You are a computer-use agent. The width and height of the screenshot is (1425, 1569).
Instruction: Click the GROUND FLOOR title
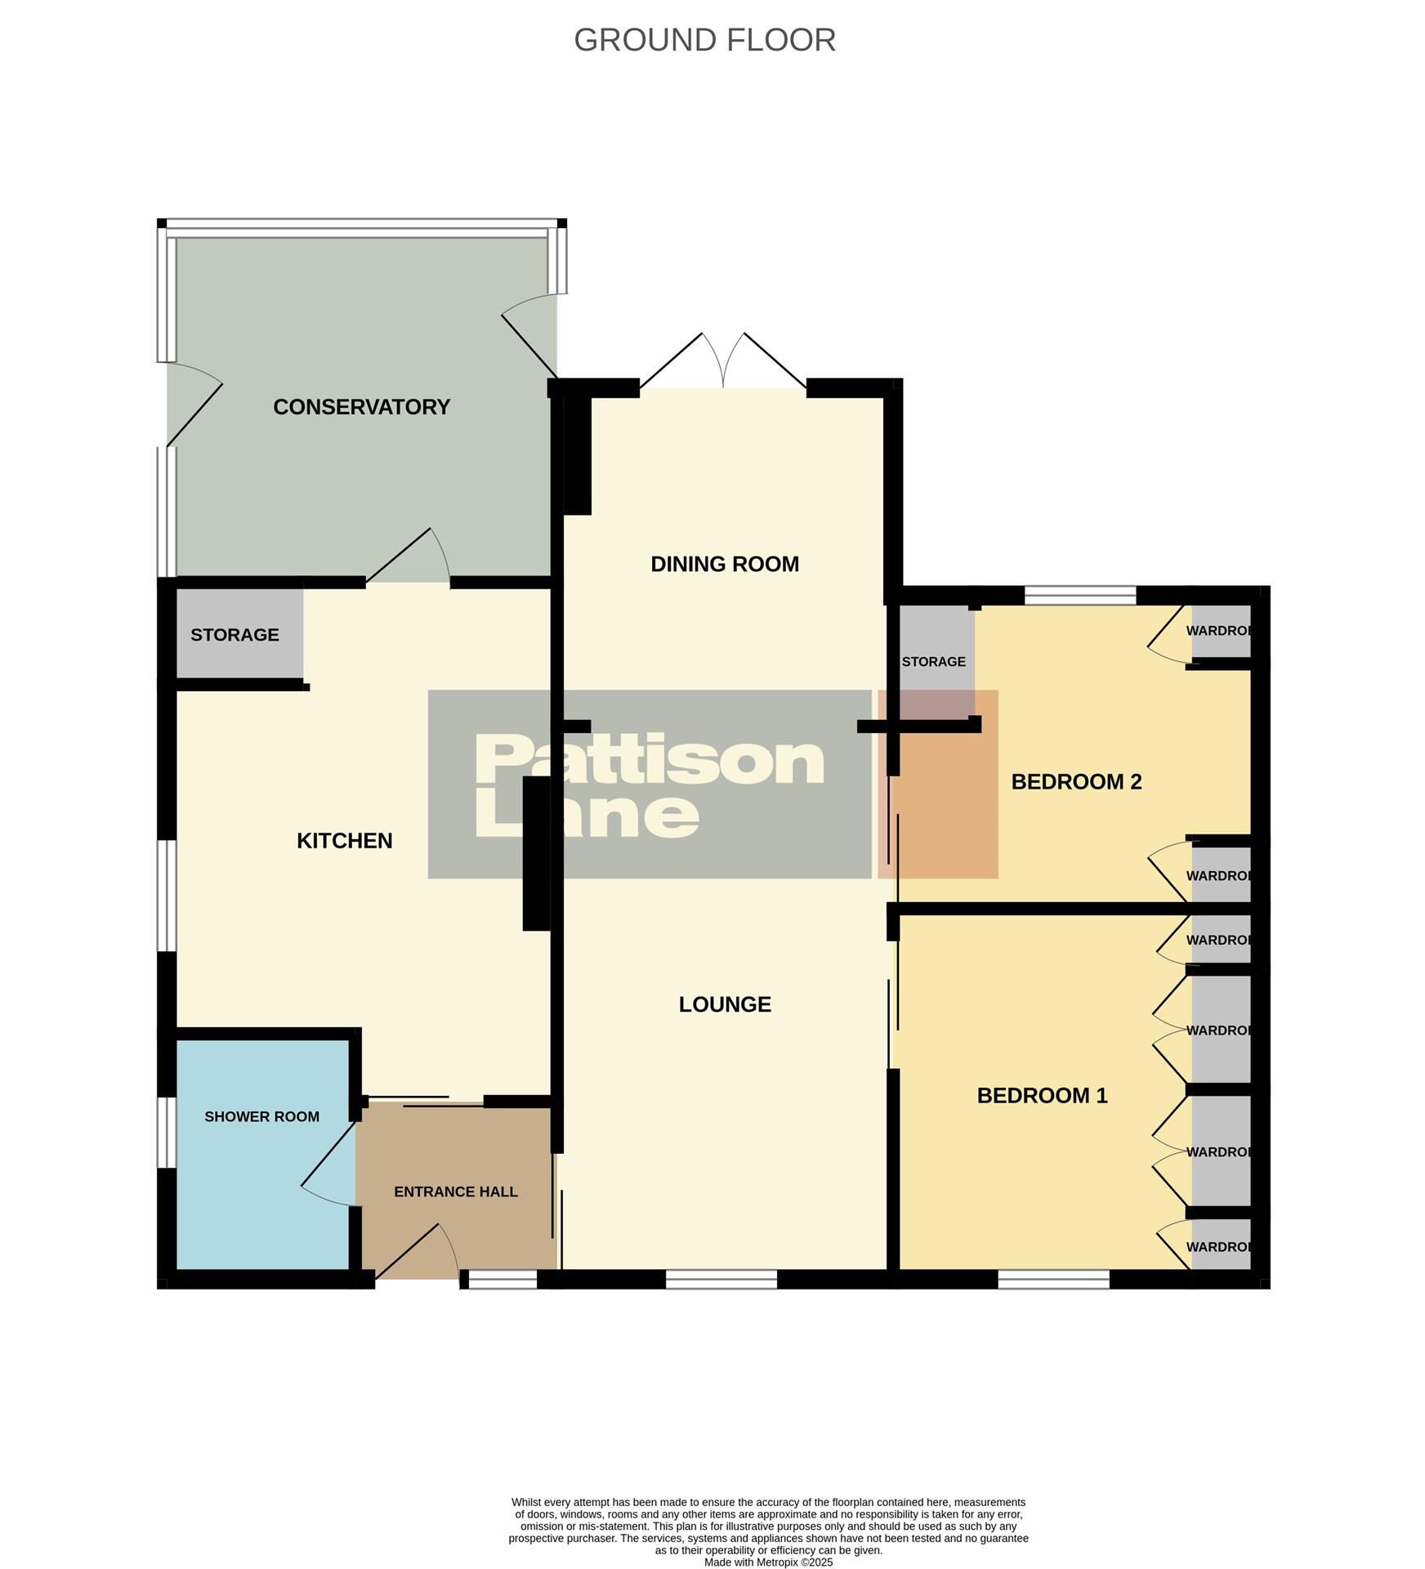[x=704, y=40]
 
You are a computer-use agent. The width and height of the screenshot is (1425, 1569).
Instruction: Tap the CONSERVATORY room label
[x=361, y=407]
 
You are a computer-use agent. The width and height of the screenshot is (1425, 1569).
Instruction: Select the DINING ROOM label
[x=724, y=564]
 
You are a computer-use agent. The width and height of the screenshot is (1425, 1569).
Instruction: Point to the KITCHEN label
[x=344, y=840]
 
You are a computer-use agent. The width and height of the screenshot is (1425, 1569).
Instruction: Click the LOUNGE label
[x=725, y=1004]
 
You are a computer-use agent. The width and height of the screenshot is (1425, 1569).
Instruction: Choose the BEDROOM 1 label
[x=1042, y=1095]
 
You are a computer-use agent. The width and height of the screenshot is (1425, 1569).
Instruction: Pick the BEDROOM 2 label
[x=1076, y=782]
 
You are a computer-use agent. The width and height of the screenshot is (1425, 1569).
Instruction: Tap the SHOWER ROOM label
[x=261, y=1116]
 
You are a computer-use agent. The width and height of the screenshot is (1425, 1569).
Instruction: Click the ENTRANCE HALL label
[x=456, y=1191]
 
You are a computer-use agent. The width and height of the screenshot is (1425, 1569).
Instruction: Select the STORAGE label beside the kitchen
[x=235, y=635]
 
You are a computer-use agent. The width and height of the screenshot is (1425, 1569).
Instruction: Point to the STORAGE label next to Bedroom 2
[x=933, y=661]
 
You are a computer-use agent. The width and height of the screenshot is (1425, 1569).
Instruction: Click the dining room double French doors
[x=723, y=361]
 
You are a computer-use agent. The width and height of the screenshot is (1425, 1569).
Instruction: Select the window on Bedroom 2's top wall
[x=1080, y=595]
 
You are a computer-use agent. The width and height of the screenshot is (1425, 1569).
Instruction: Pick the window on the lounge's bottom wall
[x=721, y=1279]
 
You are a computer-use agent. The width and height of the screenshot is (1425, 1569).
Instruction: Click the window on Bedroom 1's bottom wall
[x=1053, y=1279]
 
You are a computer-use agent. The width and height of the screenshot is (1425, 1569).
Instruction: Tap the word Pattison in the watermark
[x=650, y=760]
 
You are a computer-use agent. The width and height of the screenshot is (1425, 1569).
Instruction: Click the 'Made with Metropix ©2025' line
[x=768, y=1562]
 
